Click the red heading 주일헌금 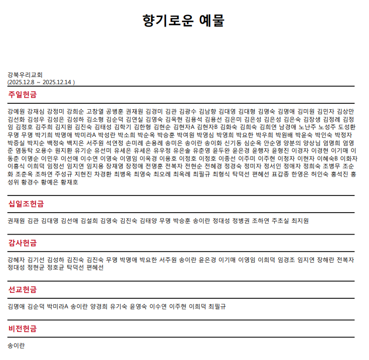pyautogui.click(x=22, y=94)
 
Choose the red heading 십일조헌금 pyautogui.click(x=26, y=204)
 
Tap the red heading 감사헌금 pyautogui.click(x=22, y=243)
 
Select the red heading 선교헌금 pyautogui.click(x=22, y=289)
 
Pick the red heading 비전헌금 pyautogui.click(x=22, y=328)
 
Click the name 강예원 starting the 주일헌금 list pyautogui.click(x=16, y=111)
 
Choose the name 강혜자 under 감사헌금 pyautogui.click(x=16, y=260)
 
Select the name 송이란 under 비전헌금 pyautogui.click(x=16, y=345)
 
